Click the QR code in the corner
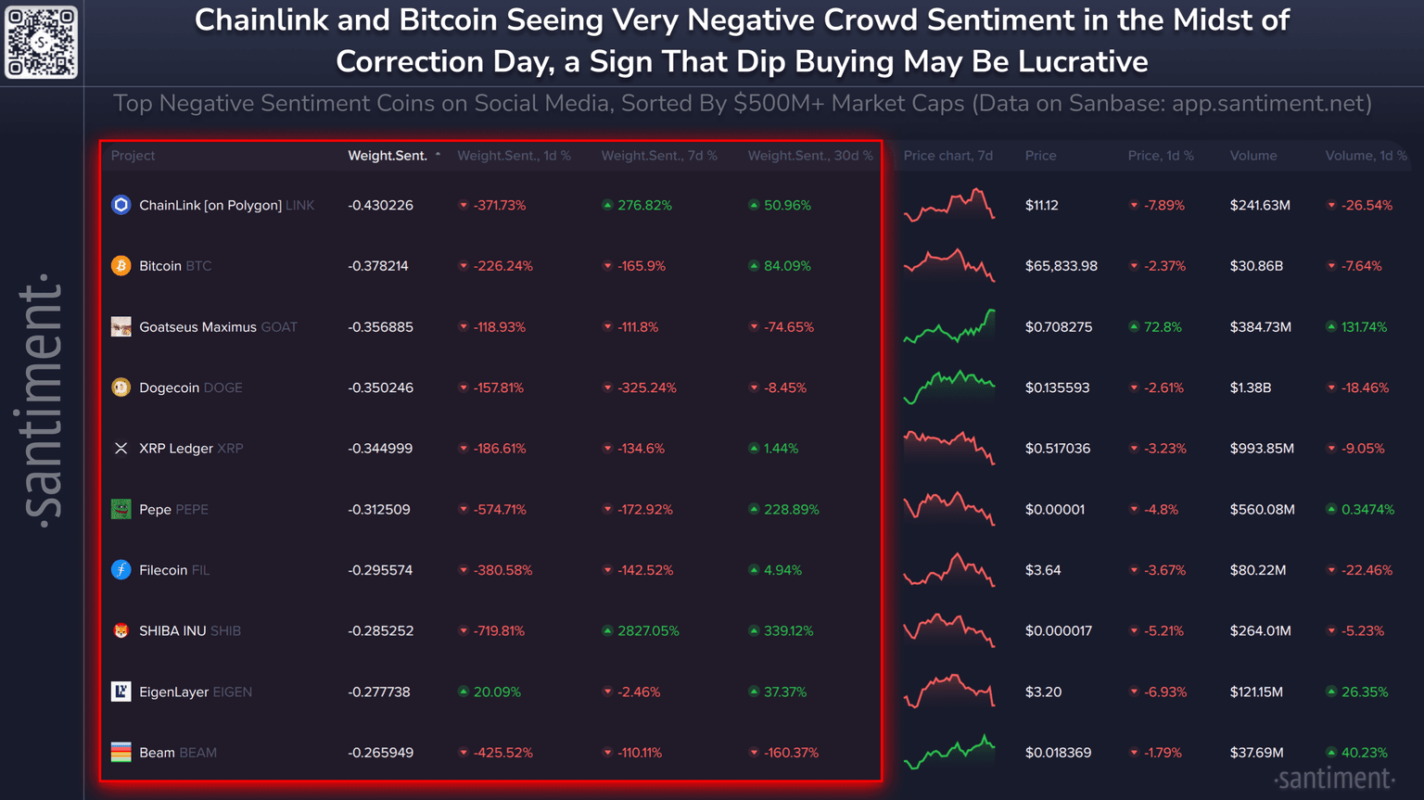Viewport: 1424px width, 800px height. tap(41, 42)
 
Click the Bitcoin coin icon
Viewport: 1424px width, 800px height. tap(121, 266)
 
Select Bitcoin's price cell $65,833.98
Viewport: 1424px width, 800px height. tap(1061, 266)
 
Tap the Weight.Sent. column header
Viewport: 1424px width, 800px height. tap(388, 156)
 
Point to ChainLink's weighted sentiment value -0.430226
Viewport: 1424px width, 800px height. tap(380, 205)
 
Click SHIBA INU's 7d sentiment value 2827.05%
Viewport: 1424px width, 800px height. tap(647, 631)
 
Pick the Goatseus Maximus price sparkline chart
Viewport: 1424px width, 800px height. tap(948, 327)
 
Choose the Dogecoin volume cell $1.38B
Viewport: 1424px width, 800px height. tap(1250, 387)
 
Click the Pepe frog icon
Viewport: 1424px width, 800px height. tap(121, 509)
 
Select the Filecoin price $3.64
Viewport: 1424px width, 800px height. tap(1043, 570)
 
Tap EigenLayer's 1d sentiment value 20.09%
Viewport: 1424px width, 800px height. tap(496, 692)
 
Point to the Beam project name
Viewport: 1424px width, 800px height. tap(157, 753)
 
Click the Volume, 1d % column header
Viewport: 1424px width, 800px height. tap(1366, 156)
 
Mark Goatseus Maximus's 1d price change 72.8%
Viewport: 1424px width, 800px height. tap(1162, 327)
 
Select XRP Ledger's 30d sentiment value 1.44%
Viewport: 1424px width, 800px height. tap(780, 449)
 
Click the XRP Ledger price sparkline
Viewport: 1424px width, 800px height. tap(948, 448)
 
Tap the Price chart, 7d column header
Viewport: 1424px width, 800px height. tap(947, 156)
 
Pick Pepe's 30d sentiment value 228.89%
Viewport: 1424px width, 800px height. tap(791, 509)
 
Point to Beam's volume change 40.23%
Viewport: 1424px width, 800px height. tap(1364, 753)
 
